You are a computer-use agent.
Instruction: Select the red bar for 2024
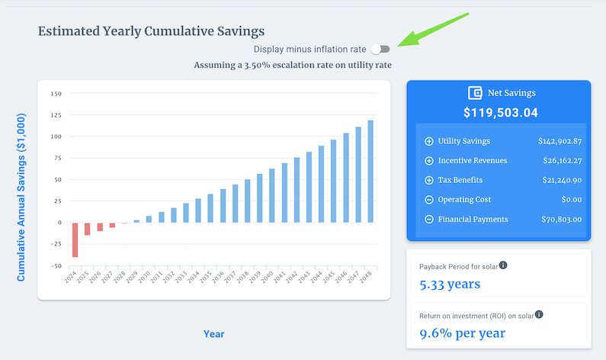[75, 239]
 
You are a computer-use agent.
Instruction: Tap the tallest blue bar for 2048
[370, 172]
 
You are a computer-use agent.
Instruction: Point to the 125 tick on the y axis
[56, 115]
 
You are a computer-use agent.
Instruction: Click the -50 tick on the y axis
[56, 265]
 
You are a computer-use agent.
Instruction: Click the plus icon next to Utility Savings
[428, 141]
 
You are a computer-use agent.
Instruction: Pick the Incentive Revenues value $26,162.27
[560, 161]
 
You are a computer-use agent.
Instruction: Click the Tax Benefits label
[460, 180]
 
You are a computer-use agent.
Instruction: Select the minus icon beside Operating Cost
[428, 200]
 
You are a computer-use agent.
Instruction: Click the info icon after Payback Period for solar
[503, 265]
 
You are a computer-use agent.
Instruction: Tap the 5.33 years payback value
[450, 284]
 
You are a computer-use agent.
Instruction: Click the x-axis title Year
[213, 334]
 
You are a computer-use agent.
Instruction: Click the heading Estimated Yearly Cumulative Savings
[151, 31]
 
